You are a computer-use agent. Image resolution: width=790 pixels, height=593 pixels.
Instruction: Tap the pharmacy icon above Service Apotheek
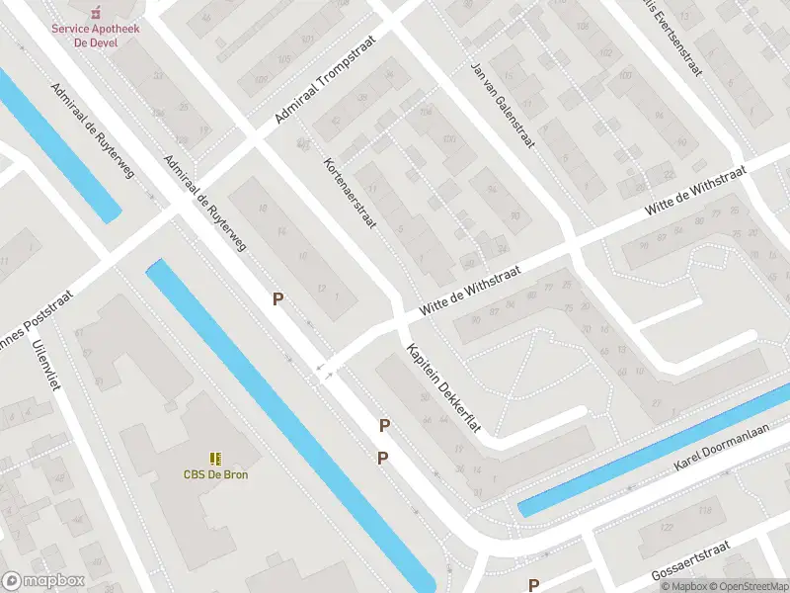96,13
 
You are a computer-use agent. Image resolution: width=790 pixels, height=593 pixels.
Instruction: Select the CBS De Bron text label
215,474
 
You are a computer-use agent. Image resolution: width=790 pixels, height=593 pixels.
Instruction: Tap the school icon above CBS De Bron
215,458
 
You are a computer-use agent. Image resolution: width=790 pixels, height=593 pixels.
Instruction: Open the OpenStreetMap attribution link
747,586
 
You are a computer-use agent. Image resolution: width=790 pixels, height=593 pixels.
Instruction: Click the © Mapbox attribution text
683,586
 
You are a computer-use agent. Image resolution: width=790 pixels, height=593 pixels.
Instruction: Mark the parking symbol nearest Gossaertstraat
534,584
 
